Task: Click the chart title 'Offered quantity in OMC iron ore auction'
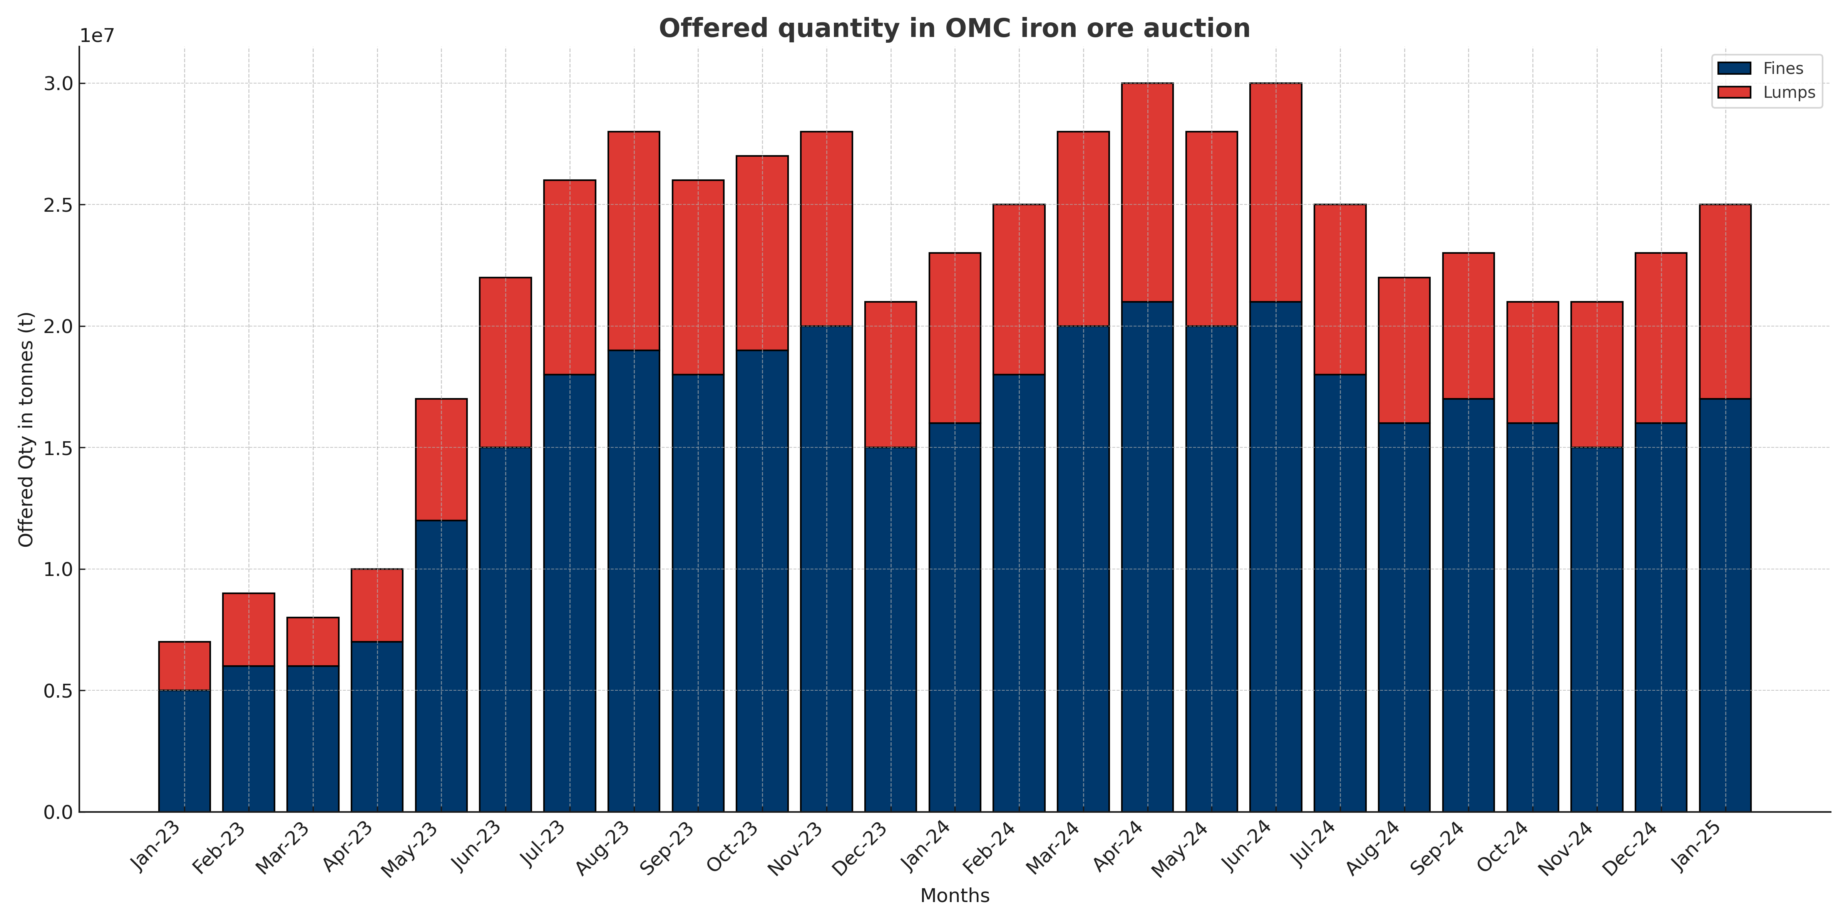click(954, 29)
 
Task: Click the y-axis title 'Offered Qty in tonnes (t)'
click(26, 429)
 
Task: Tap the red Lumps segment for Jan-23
click(184, 666)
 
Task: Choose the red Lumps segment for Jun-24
click(1276, 192)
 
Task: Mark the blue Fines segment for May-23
click(441, 666)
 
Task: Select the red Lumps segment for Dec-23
click(890, 375)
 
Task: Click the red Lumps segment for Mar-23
click(313, 641)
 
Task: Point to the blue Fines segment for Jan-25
click(1725, 605)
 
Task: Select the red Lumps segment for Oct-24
click(1532, 362)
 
